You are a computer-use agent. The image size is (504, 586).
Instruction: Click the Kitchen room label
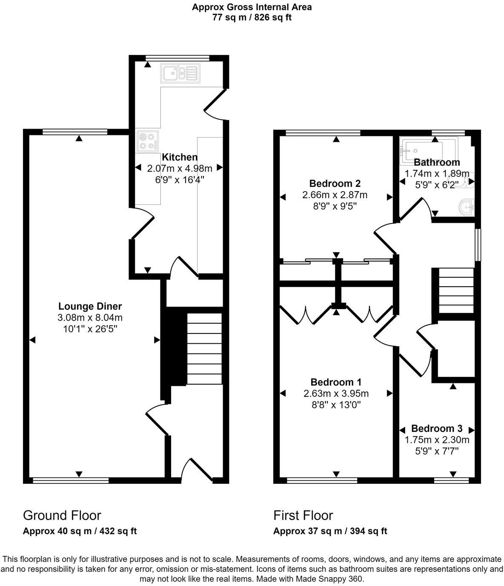180,157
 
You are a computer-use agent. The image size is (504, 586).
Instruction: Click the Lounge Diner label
90,306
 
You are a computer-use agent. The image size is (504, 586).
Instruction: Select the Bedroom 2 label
335,184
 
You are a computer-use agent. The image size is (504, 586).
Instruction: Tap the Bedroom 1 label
336,382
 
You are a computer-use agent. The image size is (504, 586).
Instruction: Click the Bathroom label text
437,162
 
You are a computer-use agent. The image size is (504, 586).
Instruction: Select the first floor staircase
456,293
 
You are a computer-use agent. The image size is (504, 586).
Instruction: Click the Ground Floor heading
62,515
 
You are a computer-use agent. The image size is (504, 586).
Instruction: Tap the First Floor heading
303,515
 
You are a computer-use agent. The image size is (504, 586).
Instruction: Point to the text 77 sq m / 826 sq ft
252,17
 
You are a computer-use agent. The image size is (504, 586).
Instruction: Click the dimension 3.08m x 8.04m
90,318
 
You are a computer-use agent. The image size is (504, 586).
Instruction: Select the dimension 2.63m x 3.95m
336,394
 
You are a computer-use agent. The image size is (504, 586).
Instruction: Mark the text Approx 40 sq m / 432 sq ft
80,531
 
